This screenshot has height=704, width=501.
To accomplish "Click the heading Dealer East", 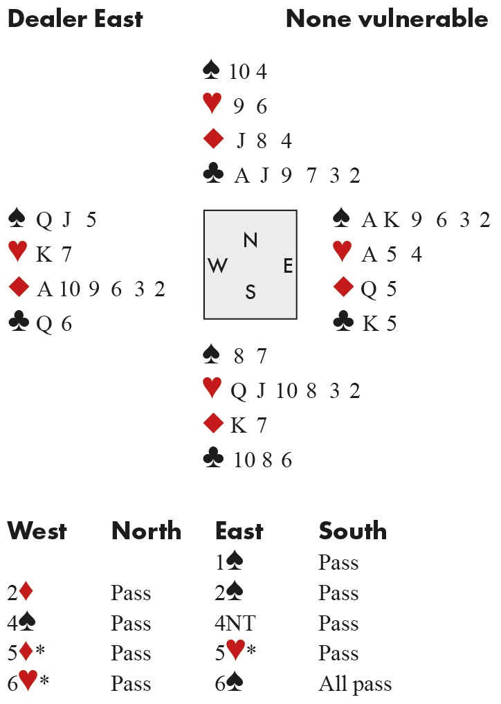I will pyautogui.click(x=75, y=19).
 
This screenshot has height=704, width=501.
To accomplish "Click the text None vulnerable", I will pyautogui.click(x=387, y=19).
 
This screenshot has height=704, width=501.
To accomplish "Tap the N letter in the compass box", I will pyautogui.click(x=250, y=240).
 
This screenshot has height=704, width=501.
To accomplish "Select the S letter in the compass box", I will pyautogui.click(x=250, y=291).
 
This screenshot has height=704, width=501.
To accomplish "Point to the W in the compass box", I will pyautogui.click(x=218, y=266).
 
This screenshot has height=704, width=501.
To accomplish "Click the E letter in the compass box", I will pyautogui.click(x=288, y=266).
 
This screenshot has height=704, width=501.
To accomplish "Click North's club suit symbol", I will pyautogui.click(x=212, y=174).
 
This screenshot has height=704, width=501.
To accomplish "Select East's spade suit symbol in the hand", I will pyautogui.click(x=342, y=219).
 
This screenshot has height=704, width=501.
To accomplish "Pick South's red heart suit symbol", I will pyautogui.click(x=212, y=389).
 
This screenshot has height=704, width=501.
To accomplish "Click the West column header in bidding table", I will pyautogui.click(x=37, y=532).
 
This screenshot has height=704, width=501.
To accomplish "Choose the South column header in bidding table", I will pyautogui.click(x=352, y=532).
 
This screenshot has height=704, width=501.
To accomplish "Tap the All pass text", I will pyautogui.click(x=355, y=685).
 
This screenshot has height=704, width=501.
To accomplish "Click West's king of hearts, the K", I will pyautogui.click(x=43, y=254).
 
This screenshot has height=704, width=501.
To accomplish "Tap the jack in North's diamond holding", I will pyautogui.click(x=242, y=141).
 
